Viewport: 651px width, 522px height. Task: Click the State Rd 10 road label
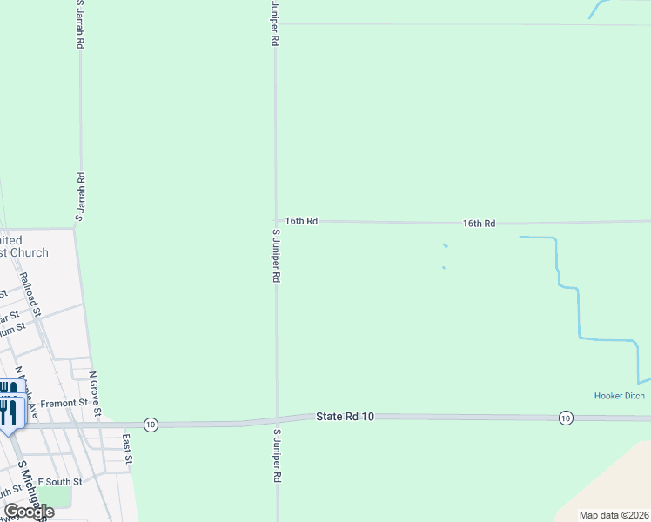[x=345, y=418]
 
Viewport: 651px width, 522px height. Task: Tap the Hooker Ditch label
[x=620, y=396]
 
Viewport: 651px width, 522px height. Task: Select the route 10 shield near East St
[x=151, y=425]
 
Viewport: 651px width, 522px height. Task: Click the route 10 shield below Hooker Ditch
[x=566, y=418]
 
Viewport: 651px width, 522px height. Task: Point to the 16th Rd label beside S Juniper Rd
[x=300, y=221]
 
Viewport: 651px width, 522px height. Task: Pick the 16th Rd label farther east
[x=479, y=224]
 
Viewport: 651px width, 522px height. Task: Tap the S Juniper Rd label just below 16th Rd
[x=276, y=256]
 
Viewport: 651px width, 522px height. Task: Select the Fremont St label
[x=64, y=403]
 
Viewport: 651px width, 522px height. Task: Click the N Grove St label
[x=97, y=393]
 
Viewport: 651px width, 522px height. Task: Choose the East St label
[x=127, y=447]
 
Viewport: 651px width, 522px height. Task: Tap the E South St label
[x=65, y=481]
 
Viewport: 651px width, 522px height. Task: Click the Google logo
[x=29, y=512]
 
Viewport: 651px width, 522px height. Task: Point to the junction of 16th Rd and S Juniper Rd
[x=276, y=221]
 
